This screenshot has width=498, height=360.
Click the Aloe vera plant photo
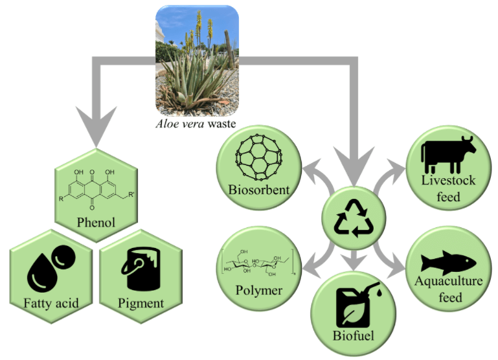click(197, 60)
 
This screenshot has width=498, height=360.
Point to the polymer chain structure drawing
click(258, 262)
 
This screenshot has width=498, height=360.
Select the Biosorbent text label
click(258, 190)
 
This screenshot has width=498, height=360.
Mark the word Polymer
click(258, 290)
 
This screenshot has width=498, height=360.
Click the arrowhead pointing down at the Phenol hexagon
click(95, 130)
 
